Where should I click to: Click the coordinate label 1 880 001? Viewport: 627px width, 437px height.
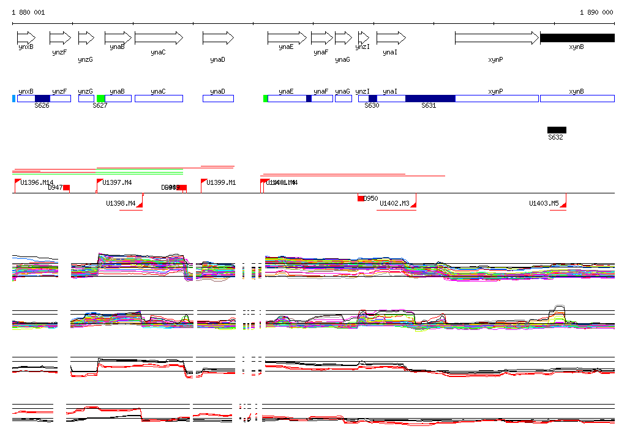tap(28, 12)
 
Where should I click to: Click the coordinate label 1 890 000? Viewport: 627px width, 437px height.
tap(596, 12)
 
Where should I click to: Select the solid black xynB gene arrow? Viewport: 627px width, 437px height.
tap(577, 38)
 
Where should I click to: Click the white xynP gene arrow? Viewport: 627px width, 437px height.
tap(497, 38)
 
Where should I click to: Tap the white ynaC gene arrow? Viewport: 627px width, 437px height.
tap(159, 38)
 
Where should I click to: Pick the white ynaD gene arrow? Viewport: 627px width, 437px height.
tap(218, 38)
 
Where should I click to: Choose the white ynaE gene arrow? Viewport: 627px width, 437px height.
tap(287, 38)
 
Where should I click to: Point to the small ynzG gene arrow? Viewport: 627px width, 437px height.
tap(86, 38)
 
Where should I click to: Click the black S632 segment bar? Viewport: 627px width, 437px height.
tap(557, 130)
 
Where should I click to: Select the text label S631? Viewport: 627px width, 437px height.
tap(429, 106)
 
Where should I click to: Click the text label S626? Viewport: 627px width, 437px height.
tap(42, 106)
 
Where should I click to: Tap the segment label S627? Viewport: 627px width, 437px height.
tap(100, 106)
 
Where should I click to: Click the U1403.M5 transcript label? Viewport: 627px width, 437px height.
tap(544, 204)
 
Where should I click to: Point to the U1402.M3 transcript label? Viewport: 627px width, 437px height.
tap(394, 204)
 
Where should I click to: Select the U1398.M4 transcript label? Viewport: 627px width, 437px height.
tap(121, 204)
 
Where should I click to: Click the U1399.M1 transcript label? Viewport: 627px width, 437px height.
tap(221, 183)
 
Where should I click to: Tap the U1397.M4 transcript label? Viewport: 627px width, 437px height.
tap(117, 183)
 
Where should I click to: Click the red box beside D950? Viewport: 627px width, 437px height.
tap(361, 198)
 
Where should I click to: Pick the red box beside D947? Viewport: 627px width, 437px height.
tap(67, 188)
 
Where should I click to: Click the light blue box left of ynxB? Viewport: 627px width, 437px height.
tap(13, 99)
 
